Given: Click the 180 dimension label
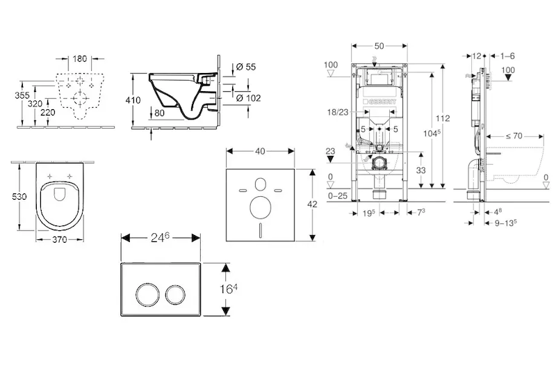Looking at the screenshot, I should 81,59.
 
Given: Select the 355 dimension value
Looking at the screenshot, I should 22,95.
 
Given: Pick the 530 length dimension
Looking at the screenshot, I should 20,197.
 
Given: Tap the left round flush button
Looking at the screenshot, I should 147,296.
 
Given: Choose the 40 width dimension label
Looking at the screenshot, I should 260,151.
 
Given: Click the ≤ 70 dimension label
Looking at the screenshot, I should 514,136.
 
